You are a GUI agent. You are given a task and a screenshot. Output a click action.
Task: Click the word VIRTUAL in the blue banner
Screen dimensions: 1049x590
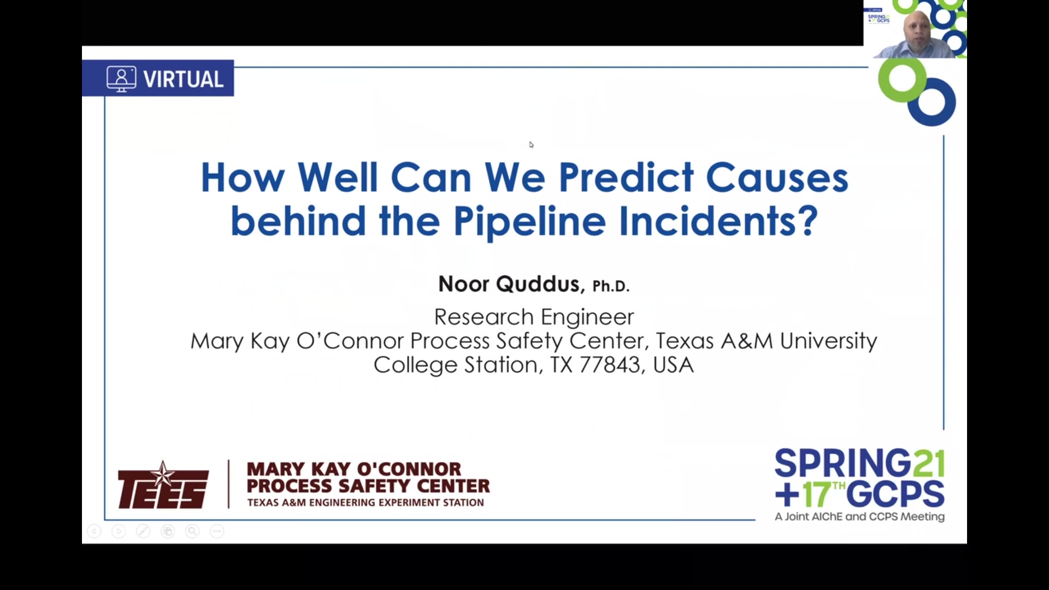(184, 79)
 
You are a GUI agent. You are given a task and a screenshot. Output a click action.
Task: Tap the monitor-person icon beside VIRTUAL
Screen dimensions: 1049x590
(121, 79)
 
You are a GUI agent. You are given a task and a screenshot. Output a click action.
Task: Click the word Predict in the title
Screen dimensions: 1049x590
(626, 178)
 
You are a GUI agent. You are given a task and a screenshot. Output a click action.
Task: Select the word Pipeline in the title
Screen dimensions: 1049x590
(529, 221)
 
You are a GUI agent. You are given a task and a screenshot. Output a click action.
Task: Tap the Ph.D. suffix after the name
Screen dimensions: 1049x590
(611, 286)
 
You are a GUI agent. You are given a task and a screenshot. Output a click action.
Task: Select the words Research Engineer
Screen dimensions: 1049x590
(534, 317)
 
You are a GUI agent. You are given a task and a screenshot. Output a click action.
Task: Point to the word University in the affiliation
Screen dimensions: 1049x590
(828, 341)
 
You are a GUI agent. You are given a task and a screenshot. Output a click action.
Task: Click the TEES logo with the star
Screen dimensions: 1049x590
(163, 485)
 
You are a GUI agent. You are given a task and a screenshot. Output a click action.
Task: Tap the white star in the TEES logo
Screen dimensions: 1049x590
(162, 474)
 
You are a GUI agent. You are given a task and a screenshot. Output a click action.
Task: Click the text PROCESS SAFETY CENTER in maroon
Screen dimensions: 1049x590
(368, 486)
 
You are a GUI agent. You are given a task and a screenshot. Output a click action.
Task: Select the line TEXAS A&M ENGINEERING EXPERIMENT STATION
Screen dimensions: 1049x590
(366, 503)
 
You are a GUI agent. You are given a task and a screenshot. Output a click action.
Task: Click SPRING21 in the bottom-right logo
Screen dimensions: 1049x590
(859, 463)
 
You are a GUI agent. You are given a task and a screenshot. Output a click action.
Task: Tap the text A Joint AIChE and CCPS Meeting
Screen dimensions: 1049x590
(859, 516)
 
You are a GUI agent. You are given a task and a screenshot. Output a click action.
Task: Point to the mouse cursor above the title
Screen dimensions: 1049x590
(531, 145)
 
